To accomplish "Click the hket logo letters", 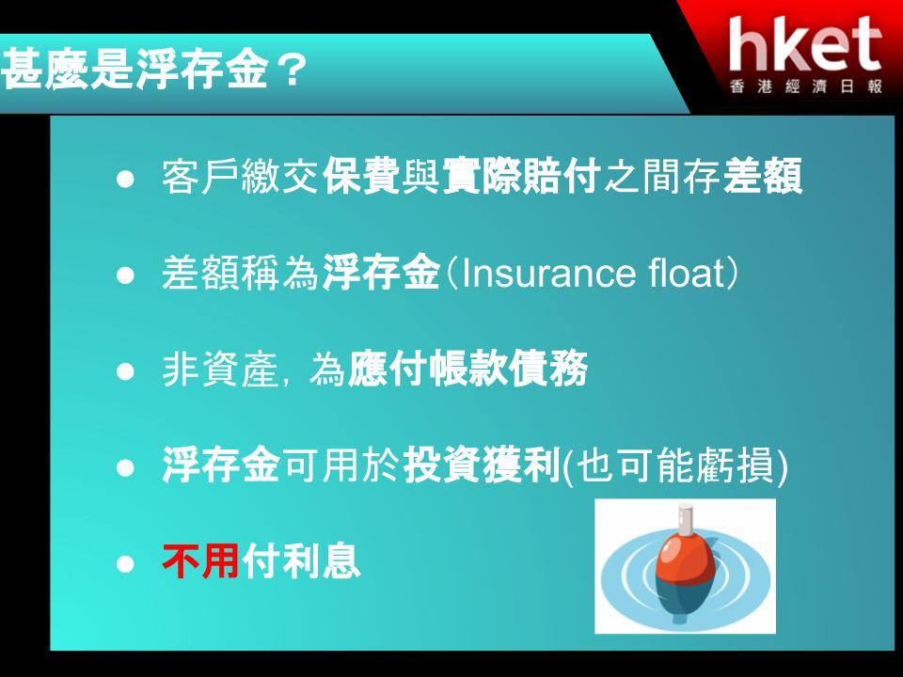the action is pyautogui.click(x=804, y=44).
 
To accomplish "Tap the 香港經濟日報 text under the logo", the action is pyautogui.click(x=806, y=87).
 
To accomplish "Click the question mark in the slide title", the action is pyautogui.click(x=291, y=71).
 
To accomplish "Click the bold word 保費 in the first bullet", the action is pyautogui.click(x=361, y=176).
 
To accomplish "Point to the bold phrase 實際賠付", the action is pyautogui.click(x=522, y=176).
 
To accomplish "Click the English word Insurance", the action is pyautogui.click(x=548, y=273).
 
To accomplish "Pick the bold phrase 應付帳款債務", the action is pyautogui.click(x=467, y=369).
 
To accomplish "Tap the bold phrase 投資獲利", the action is pyautogui.click(x=482, y=465).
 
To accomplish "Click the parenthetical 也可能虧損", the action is pyautogui.click(x=674, y=465).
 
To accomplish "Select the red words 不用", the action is pyautogui.click(x=201, y=561).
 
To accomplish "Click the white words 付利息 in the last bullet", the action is pyautogui.click(x=301, y=561).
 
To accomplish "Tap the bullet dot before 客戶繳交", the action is pyautogui.click(x=125, y=179).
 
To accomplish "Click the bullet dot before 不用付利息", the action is pyautogui.click(x=125, y=564).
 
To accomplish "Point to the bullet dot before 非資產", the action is pyautogui.click(x=125, y=372).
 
